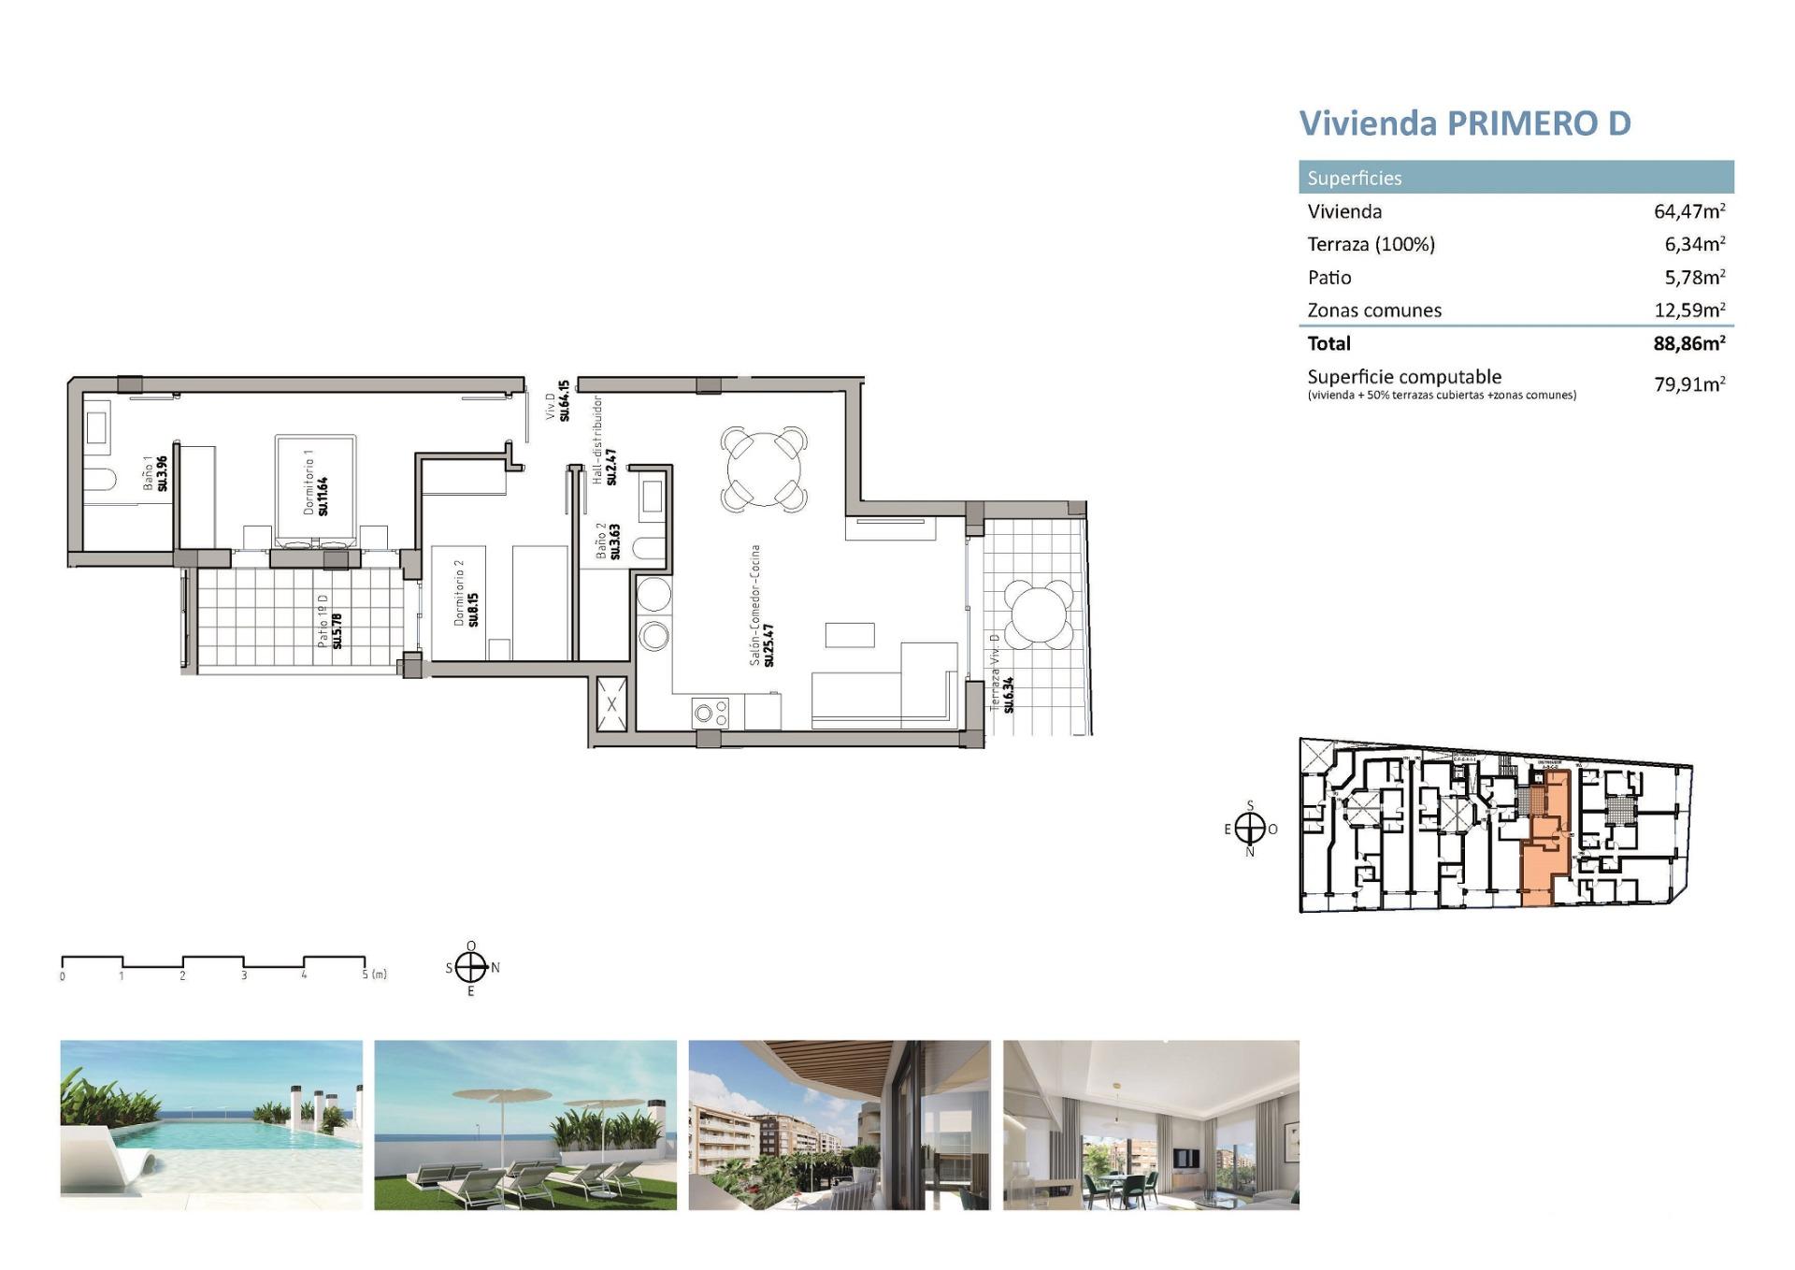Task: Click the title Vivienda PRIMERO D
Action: (1464, 123)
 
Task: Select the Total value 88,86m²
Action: (1688, 343)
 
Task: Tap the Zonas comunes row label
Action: (1373, 310)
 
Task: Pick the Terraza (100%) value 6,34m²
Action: (1694, 244)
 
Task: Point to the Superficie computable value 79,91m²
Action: (1688, 384)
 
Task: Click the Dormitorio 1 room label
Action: (316, 483)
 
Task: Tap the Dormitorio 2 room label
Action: (466, 599)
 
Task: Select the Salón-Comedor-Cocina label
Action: (761, 606)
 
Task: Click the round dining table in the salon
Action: (765, 468)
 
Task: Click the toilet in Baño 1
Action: (99, 480)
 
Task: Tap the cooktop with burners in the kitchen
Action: (711, 714)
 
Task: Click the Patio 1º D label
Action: (329, 620)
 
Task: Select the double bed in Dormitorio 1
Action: (316, 489)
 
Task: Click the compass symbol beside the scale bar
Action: (471, 968)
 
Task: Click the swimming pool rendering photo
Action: (211, 1124)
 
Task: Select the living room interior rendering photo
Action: (1151, 1124)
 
